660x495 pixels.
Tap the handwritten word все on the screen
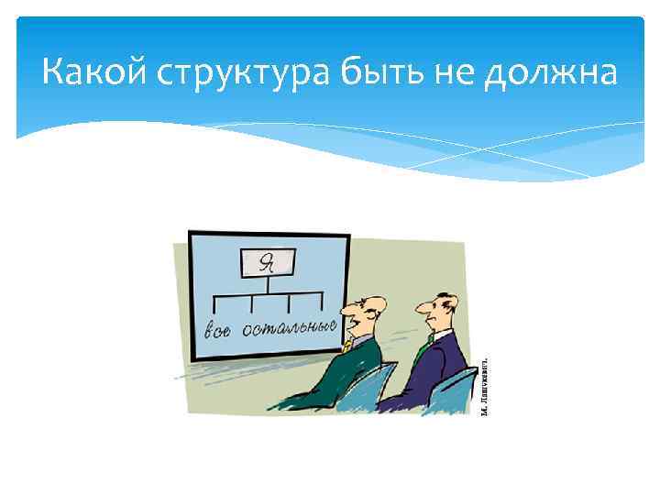(217, 328)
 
